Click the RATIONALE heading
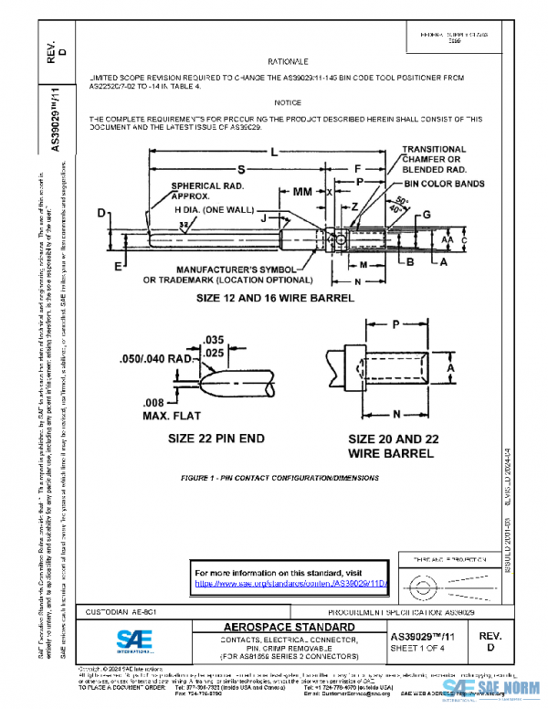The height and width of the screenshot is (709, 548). point(286,60)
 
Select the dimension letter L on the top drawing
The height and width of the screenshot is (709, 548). point(272,152)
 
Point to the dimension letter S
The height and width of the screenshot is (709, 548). point(241,169)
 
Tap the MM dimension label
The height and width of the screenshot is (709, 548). point(302,194)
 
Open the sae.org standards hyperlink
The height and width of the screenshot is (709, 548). point(291,583)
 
